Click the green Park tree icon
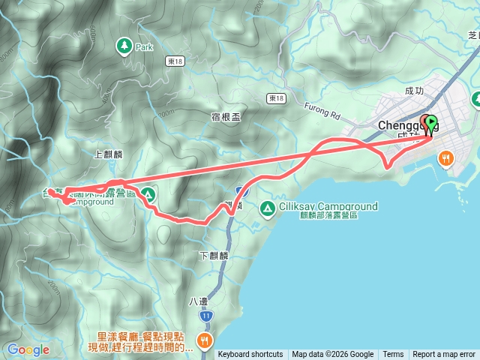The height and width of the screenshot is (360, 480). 122,46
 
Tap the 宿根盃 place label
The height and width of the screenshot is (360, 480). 225,116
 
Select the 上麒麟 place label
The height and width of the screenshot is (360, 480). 108,154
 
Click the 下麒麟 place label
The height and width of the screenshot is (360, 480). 214,256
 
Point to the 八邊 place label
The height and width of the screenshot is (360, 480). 197,301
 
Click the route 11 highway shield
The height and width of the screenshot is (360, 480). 205,316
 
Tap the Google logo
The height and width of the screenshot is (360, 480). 28,349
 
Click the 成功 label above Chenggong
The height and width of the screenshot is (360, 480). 414,91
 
